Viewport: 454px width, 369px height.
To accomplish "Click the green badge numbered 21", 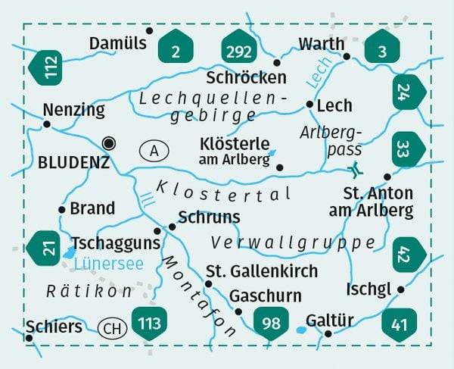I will [44, 246].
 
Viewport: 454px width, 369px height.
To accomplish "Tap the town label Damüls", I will [117, 44].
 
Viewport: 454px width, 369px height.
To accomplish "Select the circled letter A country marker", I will [154, 151].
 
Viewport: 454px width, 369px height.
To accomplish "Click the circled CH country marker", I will [112, 327].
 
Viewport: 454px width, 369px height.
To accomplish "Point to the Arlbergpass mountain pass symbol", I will [353, 169].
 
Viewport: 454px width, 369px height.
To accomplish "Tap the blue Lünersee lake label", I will [109, 263].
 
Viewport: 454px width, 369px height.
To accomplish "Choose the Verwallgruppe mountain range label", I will [294, 243].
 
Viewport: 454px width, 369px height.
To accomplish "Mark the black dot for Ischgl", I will [401, 289].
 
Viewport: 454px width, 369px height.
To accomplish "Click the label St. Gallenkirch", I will [262, 270].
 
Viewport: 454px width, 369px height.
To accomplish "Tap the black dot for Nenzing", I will [47, 124].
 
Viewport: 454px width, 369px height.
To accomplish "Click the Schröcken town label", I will [246, 77].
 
